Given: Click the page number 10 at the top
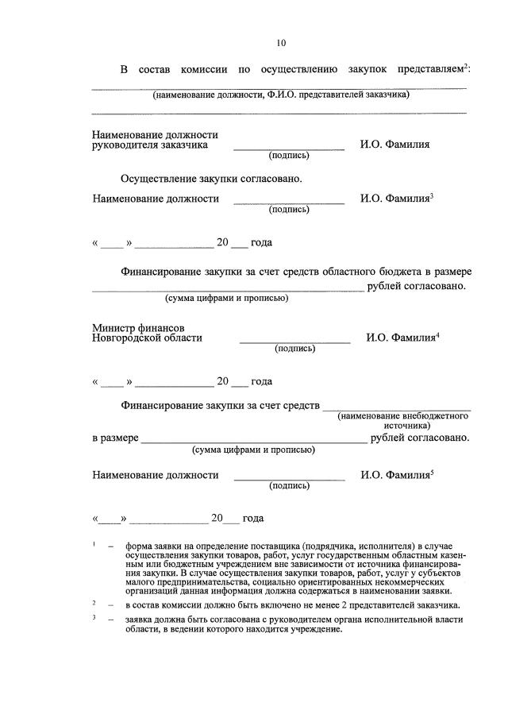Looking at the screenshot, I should (281, 43).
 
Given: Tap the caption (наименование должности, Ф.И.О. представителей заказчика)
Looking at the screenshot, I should (281, 94).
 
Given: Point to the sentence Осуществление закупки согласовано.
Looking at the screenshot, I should (211, 179).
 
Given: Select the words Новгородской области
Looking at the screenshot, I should (147, 338).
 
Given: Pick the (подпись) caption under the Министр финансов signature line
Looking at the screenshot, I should (294, 348).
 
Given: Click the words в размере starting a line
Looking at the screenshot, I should (116, 438).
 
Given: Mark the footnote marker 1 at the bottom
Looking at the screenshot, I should (94, 545).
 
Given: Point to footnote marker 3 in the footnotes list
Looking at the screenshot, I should (94, 617).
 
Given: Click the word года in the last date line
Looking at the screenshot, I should (253, 519).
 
